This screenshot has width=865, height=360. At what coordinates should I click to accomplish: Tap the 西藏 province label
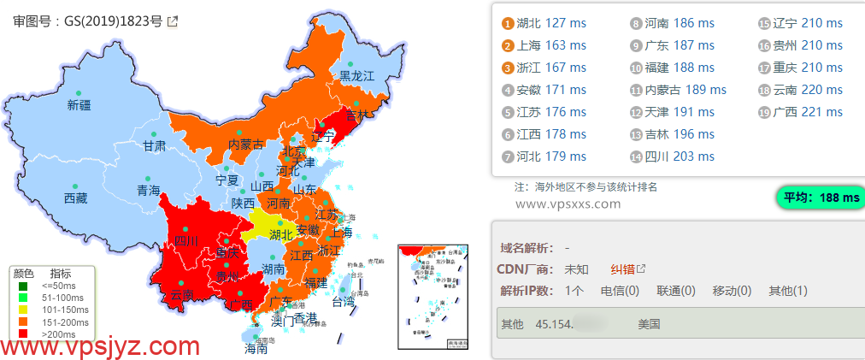[75, 198]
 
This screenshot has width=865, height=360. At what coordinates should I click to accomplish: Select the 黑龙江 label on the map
[356, 76]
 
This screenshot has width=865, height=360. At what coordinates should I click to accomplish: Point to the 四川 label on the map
[186, 242]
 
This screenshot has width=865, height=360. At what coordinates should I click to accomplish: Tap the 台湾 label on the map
[343, 302]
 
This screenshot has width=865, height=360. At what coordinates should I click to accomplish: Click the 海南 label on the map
[256, 348]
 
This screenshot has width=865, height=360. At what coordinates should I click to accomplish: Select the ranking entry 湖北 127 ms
[551, 23]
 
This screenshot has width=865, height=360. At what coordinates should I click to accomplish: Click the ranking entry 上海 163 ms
[551, 45]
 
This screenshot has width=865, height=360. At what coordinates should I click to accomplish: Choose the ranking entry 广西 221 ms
[808, 112]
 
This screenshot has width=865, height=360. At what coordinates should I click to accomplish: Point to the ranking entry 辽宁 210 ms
[808, 23]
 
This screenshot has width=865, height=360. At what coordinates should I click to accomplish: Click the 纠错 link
[622, 269]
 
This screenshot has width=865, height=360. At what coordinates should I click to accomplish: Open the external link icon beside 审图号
[173, 21]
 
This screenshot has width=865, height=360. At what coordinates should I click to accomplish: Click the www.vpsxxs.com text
[568, 204]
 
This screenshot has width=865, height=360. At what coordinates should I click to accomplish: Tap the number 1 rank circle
[509, 23]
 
